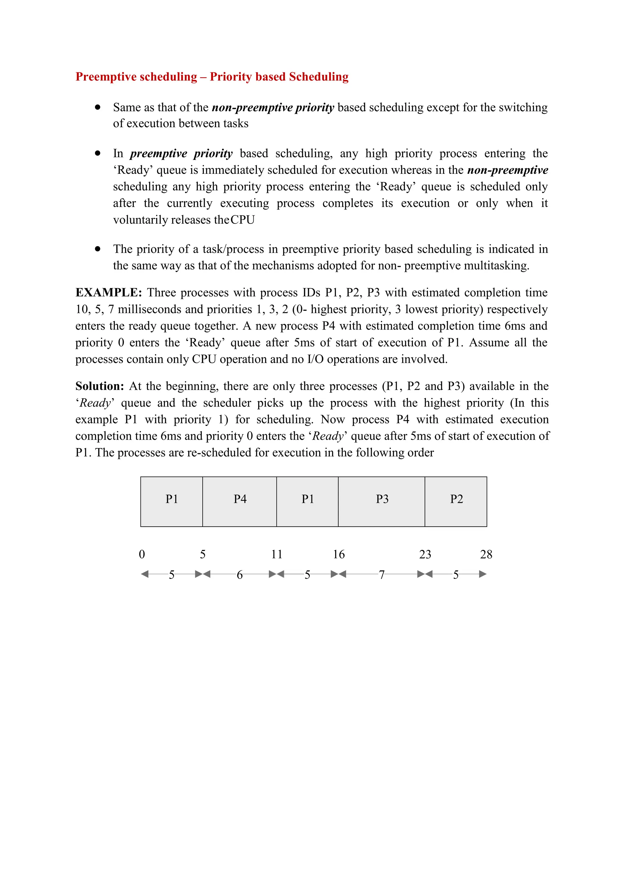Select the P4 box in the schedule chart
240,501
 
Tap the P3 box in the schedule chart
382,501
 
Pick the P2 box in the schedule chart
456,501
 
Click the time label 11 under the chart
277,554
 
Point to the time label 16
338,554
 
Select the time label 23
425,554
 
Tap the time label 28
486,554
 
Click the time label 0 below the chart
142,554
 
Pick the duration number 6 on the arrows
240,575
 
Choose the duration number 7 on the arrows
382,575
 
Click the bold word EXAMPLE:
109,293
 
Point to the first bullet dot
98,107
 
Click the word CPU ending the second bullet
242,220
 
